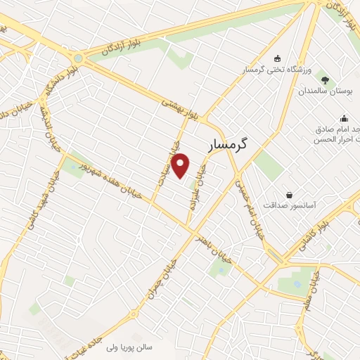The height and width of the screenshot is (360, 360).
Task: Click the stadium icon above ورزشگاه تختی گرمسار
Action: pyautogui.click(x=278, y=58)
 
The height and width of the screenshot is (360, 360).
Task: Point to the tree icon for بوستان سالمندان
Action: pyautogui.click(x=324, y=78)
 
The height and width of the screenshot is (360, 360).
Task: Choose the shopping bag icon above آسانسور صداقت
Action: pyautogui.click(x=289, y=194)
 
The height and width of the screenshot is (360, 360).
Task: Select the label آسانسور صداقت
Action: pyautogui.click(x=289, y=205)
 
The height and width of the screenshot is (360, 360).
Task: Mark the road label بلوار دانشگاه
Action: pyautogui.click(x=56, y=89)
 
